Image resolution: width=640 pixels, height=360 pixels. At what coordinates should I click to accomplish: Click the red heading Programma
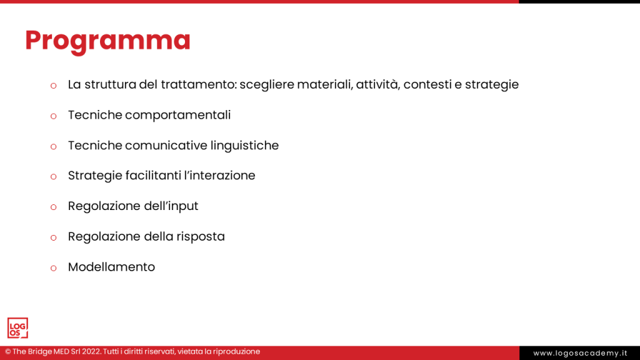point(107,40)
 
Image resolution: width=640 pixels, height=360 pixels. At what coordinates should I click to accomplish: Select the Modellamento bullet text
point(111,267)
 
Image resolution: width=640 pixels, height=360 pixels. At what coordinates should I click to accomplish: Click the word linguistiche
point(245,146)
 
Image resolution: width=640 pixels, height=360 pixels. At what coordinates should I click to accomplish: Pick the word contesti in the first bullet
point(427,84)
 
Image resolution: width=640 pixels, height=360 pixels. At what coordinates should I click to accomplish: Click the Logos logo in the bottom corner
point(17,328)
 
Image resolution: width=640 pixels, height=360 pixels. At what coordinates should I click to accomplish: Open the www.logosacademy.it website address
point(580,353)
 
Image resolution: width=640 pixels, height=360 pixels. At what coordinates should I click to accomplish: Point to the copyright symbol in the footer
point(7,352)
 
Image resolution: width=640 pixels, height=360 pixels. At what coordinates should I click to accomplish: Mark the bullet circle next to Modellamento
point(54,267)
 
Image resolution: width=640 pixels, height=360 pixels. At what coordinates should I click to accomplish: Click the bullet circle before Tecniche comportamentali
point(54,116)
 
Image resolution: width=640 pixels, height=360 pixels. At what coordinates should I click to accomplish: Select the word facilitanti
point(150,176)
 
